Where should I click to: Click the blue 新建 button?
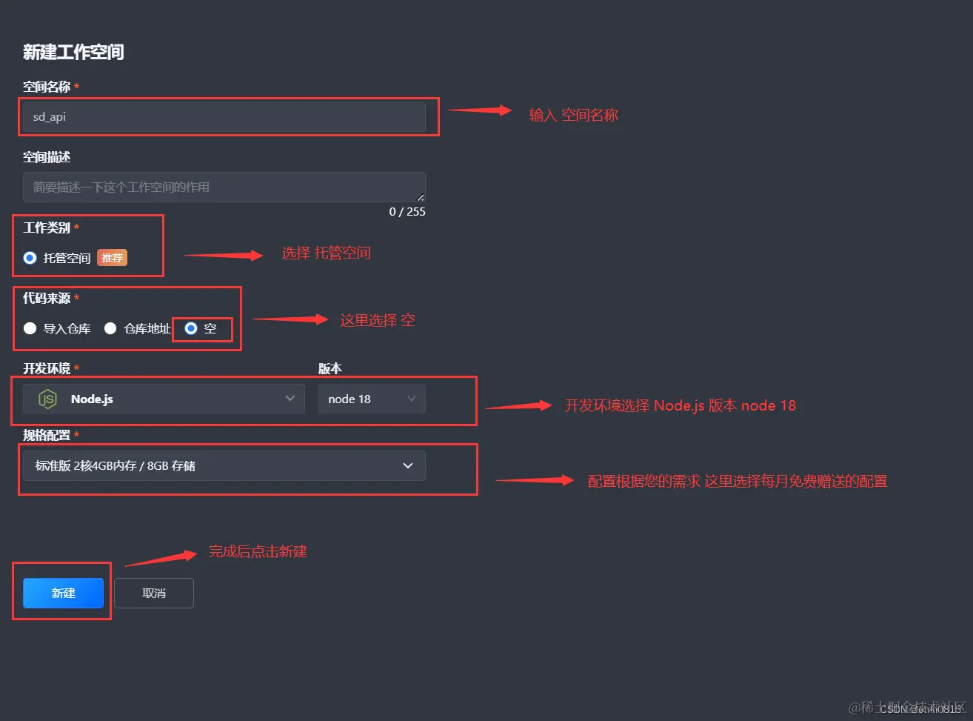(63, 593)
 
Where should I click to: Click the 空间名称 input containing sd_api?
(224, 117)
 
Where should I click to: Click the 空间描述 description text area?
(224, 187)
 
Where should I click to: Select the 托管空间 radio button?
(30, 258)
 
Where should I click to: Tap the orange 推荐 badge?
(112, 258)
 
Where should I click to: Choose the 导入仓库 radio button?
(30, 328)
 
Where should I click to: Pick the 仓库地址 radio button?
(110, 328)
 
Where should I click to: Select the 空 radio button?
(191, 328)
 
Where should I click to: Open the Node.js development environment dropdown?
(164, 399)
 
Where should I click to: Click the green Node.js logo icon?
(47, 399)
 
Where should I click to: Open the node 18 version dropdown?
(372, 399)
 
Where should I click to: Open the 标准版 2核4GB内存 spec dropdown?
(224, 465)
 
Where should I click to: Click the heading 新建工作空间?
(73, 52)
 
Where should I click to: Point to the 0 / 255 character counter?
(407, 212)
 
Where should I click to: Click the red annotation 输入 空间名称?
(573, 115)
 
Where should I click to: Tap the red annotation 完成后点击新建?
(257, 551)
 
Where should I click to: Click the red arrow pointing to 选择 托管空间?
(224, 256)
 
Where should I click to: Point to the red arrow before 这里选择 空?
(290, 319)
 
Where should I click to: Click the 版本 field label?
(330, 368)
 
